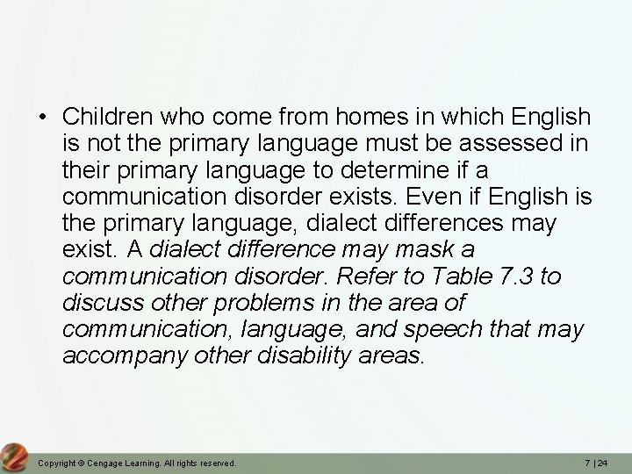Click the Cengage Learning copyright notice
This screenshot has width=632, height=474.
[137, 463]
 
